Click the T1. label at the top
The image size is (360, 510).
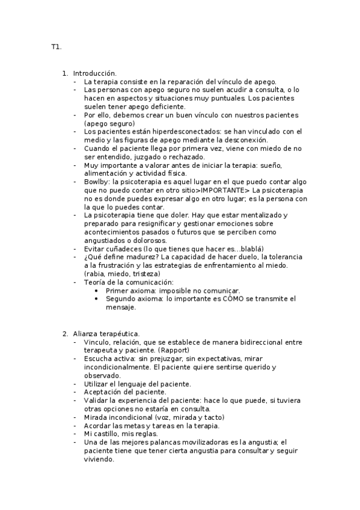(56, 47)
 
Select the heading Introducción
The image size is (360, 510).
(95, 73)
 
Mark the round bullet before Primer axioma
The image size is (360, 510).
(97, 290)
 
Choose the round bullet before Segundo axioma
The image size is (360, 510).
(97, 298)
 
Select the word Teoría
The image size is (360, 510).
(96, 281)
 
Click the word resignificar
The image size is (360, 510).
(141, 224)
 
